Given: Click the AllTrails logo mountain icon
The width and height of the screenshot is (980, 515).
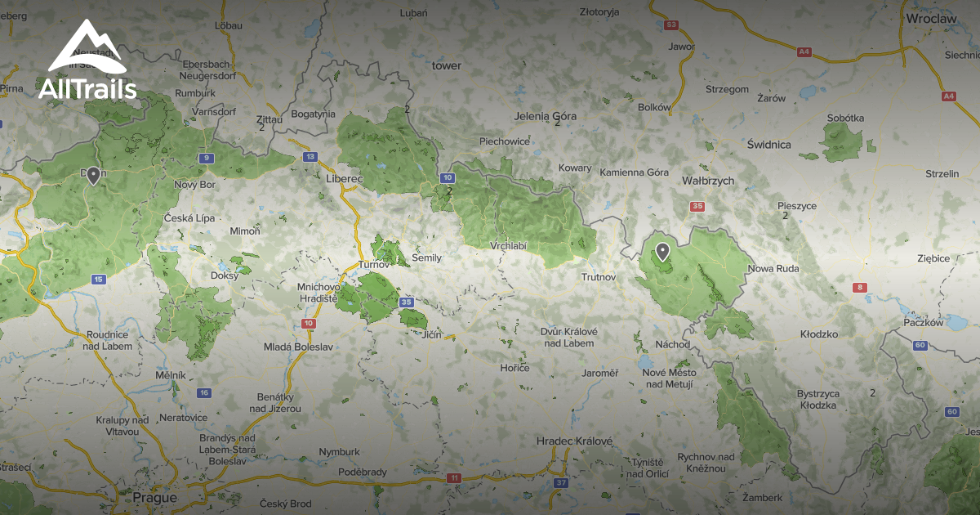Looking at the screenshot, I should tap(87, 49).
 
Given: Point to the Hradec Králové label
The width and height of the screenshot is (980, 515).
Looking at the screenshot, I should tap(574, 441).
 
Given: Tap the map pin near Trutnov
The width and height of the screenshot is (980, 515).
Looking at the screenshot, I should tap(662, 251).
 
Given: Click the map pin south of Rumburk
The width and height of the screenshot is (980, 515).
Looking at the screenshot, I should tap(94, 175).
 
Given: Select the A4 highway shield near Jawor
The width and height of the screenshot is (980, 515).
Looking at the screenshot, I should tap(804, 51).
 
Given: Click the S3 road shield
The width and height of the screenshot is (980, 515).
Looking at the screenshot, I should tap(671, 25).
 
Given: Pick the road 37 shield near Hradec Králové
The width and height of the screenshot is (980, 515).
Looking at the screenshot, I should tap(560, 483).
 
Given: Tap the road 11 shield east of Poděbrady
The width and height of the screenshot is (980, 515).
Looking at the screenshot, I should tap(454, 477).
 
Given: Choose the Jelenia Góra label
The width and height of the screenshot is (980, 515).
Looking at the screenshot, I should tap(545, 116).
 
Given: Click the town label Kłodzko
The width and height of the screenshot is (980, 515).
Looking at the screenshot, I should tap(818, 335).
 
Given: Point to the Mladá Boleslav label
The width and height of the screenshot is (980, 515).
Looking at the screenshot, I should tap(298, 347).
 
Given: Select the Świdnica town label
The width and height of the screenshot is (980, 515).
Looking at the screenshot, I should tap(768, 145).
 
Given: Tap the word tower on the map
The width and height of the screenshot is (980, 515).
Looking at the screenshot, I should tap(447, 65).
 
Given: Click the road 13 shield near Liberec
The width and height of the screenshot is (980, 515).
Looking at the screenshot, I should tap(310, 156).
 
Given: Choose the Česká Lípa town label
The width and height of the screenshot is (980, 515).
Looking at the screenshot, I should tap(189, 218).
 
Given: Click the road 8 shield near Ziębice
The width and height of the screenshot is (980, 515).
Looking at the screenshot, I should tap(859, 287).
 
